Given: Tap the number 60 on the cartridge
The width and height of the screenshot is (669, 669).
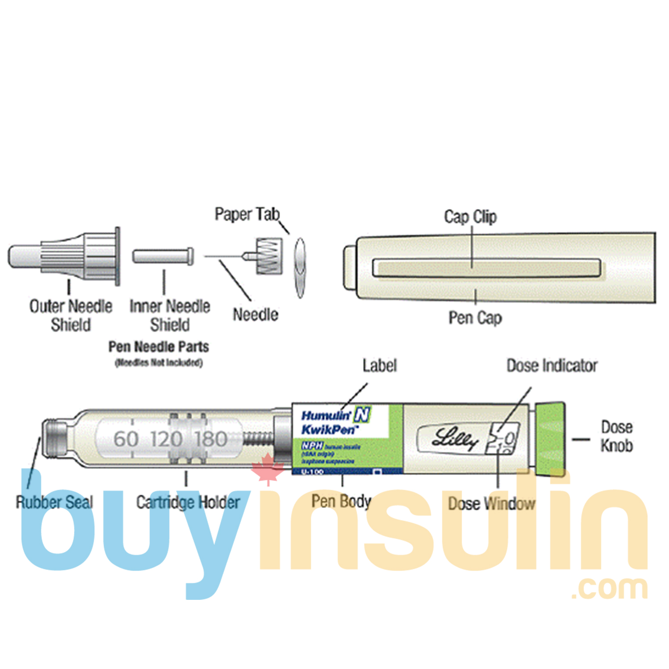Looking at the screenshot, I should pyautogui.click(x=126, y=439).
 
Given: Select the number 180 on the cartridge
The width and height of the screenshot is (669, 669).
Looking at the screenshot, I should pyautogui.click(x=211, y=439).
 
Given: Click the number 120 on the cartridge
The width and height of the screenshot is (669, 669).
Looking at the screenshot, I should pyautogui.click(x=166, y=439).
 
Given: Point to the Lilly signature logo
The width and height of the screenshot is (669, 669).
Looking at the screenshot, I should pyautogui.click(x=454, y=438).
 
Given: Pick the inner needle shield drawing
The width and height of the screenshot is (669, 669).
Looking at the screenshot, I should pyautogui.click(x=163, y=256).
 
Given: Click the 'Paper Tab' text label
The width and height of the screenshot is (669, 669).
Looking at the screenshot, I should pyautogui.click(x=247, y=215).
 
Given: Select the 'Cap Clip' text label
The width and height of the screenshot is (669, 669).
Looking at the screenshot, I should pyautogui.click(x=470, y=217).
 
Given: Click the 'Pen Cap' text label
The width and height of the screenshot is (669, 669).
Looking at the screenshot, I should pyautogui.click(x=475, y=318).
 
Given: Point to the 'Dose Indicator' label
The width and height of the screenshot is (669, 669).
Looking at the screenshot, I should pyautogui.click(x=552, y=366).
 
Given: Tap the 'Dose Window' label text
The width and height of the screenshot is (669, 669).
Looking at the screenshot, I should pyautogui.click(x=491, y=504).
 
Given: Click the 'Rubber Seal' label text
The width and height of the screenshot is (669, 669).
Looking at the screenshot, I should pyautogui.click(x=54, y=503).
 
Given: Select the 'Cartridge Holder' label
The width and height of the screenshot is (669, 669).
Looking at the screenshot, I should pyautogui.click(x=188, y=503).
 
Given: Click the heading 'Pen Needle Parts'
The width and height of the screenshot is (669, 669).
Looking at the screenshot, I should pyautogui.click(x=159, y=347).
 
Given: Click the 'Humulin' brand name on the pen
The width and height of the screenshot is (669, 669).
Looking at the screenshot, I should pyautogui.click(x=326, y=416).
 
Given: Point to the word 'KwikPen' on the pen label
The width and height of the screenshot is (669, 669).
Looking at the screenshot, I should pyautogui.click(x=329, y=430).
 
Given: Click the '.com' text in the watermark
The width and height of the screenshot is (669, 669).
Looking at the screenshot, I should pyautogui.click(x=609, y=588).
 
